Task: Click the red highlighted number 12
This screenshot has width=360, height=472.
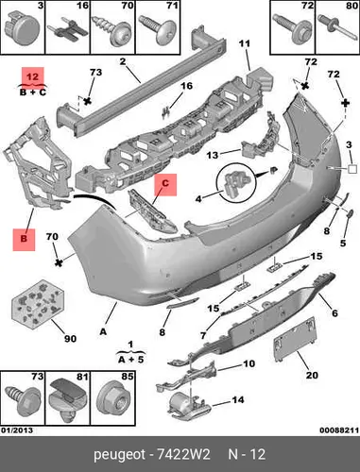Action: point(32,76)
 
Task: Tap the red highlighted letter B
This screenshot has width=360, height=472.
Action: point(24,239)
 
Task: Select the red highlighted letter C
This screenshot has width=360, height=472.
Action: point(165,184)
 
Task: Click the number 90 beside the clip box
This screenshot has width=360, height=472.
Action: point(70,339)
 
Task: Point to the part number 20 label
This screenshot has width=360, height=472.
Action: point(312,375)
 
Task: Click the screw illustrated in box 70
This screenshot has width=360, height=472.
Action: point(111,29)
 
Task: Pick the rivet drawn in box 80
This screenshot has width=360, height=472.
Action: point(336,26)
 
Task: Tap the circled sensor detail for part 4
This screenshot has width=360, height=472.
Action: point(235,182)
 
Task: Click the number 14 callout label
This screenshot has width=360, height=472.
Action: point(238,400)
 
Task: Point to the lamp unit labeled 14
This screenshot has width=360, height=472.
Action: point(189,407)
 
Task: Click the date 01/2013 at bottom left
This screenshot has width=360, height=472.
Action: point(17,430)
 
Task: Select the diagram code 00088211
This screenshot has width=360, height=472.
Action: point(339,430)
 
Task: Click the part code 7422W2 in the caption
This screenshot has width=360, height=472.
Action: point(183,455)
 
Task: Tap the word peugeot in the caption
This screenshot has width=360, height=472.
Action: point(120,455)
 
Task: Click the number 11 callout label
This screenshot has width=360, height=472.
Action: point(244,43)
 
